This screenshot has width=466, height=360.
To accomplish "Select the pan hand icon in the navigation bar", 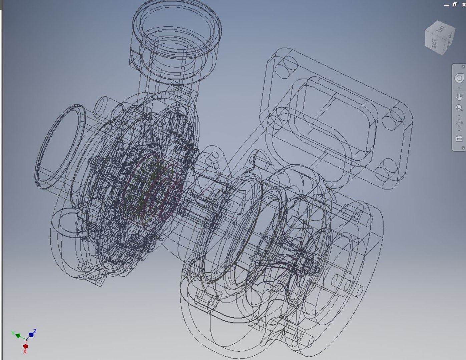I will [x=459, y=97].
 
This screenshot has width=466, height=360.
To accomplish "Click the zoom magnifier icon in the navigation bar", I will [x=459, y=108].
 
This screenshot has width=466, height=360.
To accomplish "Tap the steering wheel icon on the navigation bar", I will [x=459, y=78].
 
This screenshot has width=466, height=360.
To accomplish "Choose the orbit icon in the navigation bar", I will [x=459, y=123].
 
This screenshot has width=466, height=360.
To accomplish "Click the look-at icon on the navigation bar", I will [x=459, y=138].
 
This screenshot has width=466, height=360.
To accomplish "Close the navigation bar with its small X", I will [x=463, y=67].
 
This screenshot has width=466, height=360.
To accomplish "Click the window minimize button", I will [x=447, y=5].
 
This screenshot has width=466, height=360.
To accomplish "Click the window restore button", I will [x=455, y=5].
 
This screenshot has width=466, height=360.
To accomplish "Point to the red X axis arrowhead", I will [x=25, y=347].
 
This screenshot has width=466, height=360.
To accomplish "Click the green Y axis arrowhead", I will [x=18, y=335].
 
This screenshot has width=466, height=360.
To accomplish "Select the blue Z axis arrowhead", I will [x=31, y=334].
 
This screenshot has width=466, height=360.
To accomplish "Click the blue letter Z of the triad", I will [x=35, y=331].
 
